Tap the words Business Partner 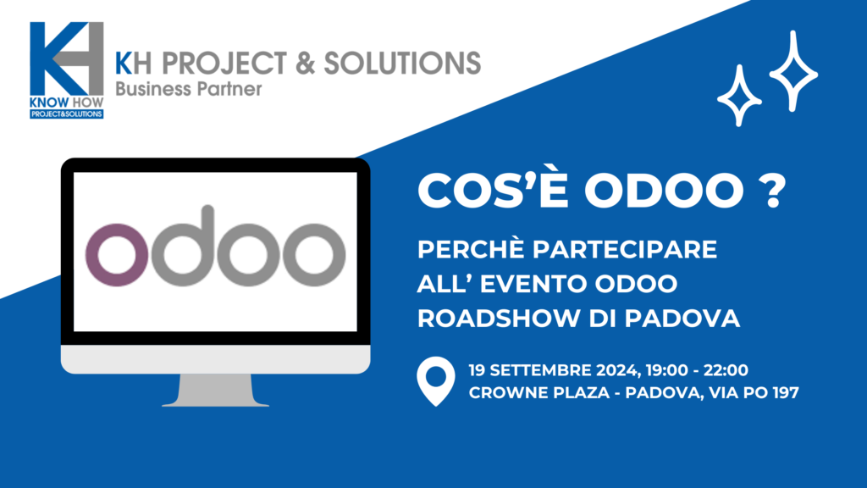[189, 88]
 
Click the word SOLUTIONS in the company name [402, 63]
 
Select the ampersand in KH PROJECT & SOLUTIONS [305, 63]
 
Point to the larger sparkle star [793, 71]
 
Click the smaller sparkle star [739, 96]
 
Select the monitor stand [215, 390]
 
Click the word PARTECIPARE [624, 250]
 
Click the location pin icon [436, 381]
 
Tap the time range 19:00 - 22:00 [697, 370]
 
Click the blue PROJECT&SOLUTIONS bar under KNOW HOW [66, 114]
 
